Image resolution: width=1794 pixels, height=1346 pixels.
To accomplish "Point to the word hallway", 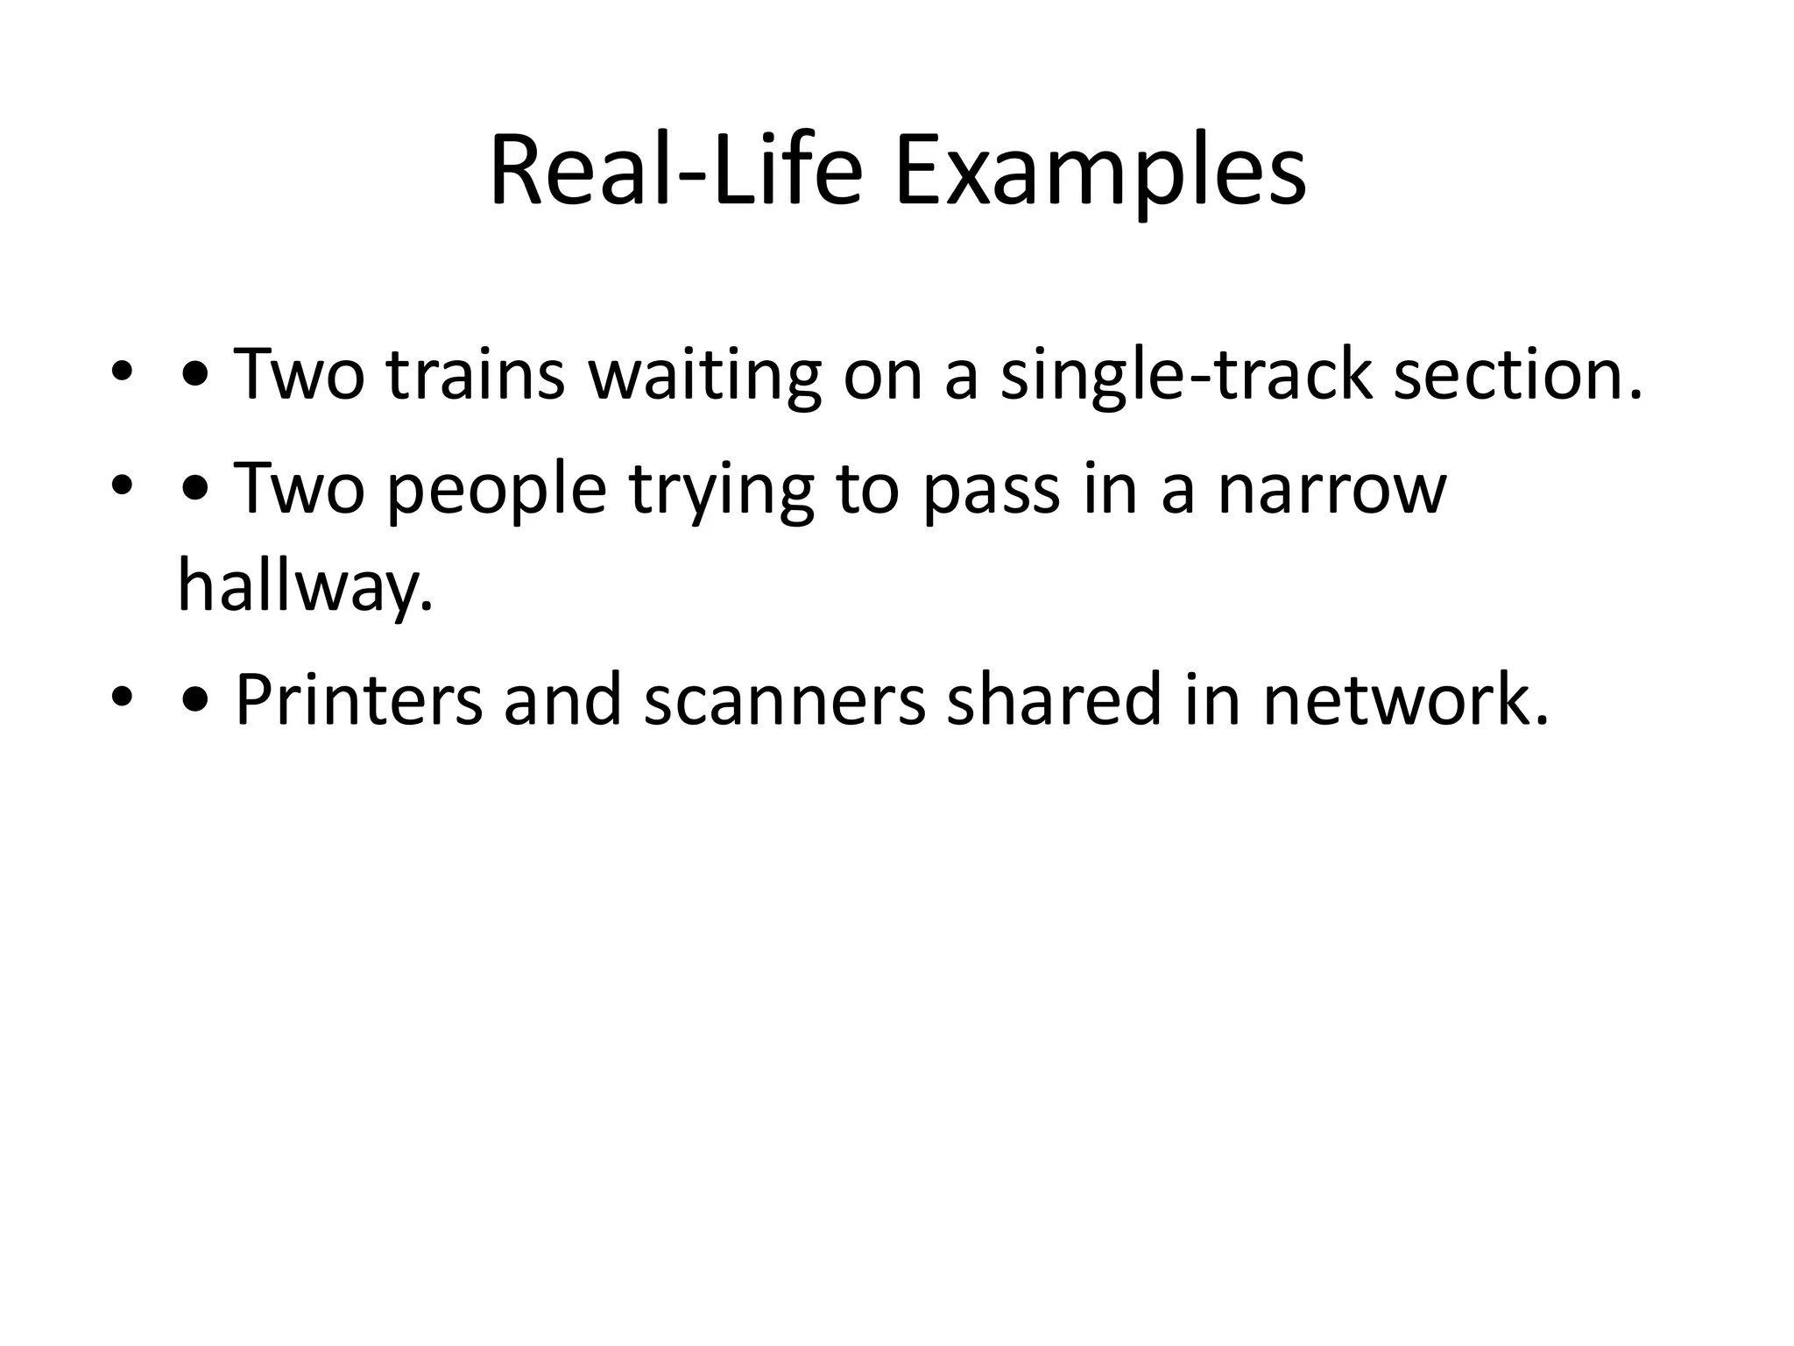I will (305, 585).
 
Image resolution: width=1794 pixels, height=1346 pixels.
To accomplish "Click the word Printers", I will (359, 699).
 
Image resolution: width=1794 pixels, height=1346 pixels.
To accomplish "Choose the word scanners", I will (785, 699).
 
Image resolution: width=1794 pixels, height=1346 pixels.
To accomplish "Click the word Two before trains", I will (299, 375).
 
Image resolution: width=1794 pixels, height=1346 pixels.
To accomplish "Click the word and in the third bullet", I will (562, 699).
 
